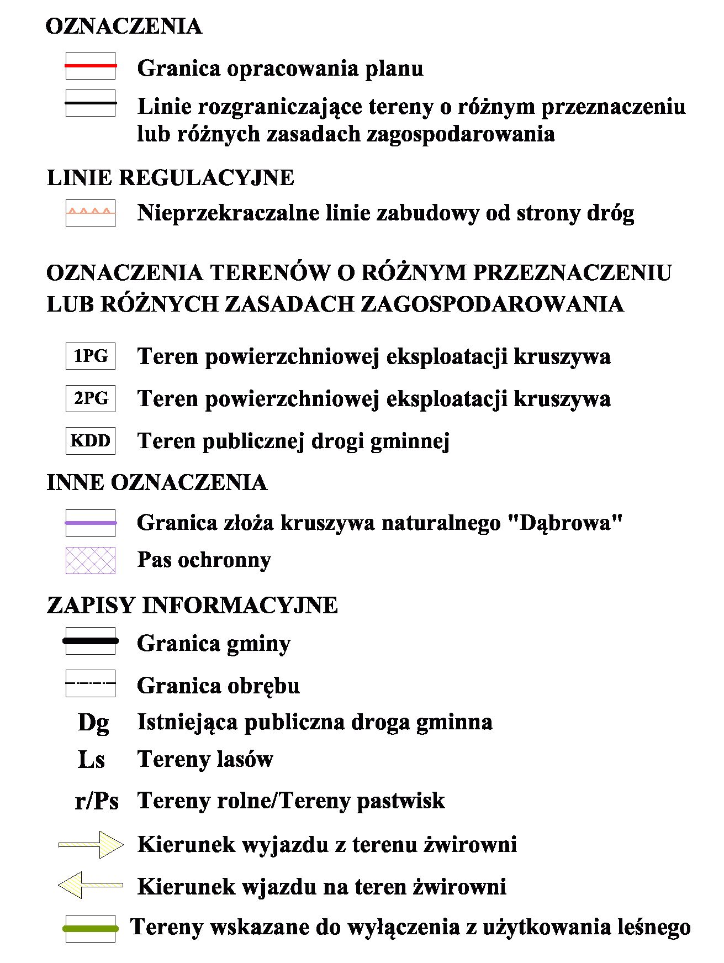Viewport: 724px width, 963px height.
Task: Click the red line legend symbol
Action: point(91,66)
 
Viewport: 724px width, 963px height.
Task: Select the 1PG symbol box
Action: point(91,356)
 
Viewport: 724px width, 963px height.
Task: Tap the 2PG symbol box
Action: point(91,398)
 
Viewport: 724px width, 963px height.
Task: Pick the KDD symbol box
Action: point(91,441)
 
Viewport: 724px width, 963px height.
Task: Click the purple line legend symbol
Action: point(91,523)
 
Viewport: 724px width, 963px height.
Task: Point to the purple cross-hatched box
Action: point(91,560)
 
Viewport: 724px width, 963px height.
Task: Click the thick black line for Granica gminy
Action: point(91,641)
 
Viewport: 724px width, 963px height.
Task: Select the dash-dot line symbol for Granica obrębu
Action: point(91,683)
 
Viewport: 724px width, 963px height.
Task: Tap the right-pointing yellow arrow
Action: point(91,844)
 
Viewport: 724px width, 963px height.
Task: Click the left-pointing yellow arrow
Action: point(91,886)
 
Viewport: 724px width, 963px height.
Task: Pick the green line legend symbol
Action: point(91,929)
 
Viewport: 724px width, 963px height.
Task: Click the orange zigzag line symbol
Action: point(91,212)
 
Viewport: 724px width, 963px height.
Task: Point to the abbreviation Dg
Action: point(93,723)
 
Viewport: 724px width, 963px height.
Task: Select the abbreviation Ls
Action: point(92,760)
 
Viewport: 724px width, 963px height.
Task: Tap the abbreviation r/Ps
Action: point(97,801)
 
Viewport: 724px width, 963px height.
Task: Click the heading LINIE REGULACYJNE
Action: point(171,178)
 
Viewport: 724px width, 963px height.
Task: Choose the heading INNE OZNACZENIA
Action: point(157,482)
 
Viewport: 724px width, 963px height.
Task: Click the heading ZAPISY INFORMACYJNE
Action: point(192,605)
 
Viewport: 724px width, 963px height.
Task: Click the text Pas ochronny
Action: point(204,560)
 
